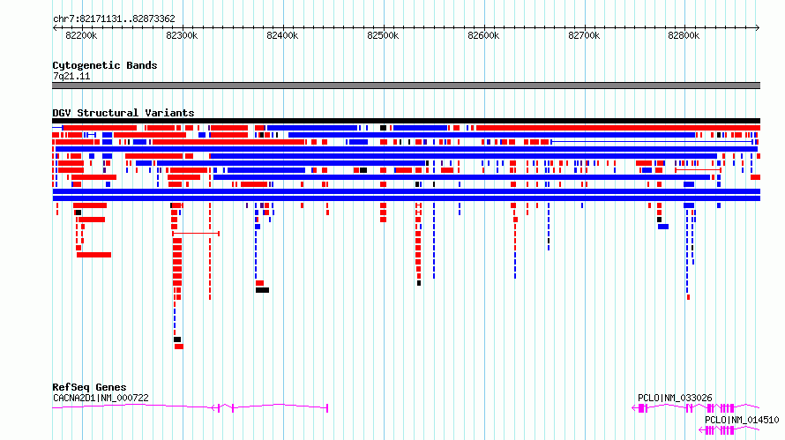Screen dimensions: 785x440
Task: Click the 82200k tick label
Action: [81, 35]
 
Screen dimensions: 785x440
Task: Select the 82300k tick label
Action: [182, 35]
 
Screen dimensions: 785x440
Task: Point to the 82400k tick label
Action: [282, 35]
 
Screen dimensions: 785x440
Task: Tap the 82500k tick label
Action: [383, 35]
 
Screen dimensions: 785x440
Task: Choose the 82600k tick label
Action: [483, 35]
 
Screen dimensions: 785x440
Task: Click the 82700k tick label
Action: [584, 35]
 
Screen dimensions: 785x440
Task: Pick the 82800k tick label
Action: [684, 35]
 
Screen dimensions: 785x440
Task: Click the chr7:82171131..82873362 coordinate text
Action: [114, 19]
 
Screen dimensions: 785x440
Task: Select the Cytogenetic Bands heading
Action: [105, 65]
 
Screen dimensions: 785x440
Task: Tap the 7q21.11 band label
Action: [71, 76]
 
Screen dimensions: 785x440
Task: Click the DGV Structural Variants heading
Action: [123, 113]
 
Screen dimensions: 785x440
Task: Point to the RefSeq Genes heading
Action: [89, 387]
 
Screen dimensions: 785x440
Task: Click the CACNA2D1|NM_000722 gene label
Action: [101, 398]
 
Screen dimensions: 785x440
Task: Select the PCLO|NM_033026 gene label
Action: [675, 398]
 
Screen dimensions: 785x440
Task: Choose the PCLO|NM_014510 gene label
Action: [742, 420]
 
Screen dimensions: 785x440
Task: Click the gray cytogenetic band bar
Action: [406, 86]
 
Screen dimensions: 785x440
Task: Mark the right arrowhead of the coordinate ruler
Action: [758, 28]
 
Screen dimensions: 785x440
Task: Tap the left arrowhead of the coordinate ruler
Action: [55, 28]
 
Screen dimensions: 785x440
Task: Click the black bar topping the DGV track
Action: [406, 121]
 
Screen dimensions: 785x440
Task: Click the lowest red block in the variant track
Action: [179, 347]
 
